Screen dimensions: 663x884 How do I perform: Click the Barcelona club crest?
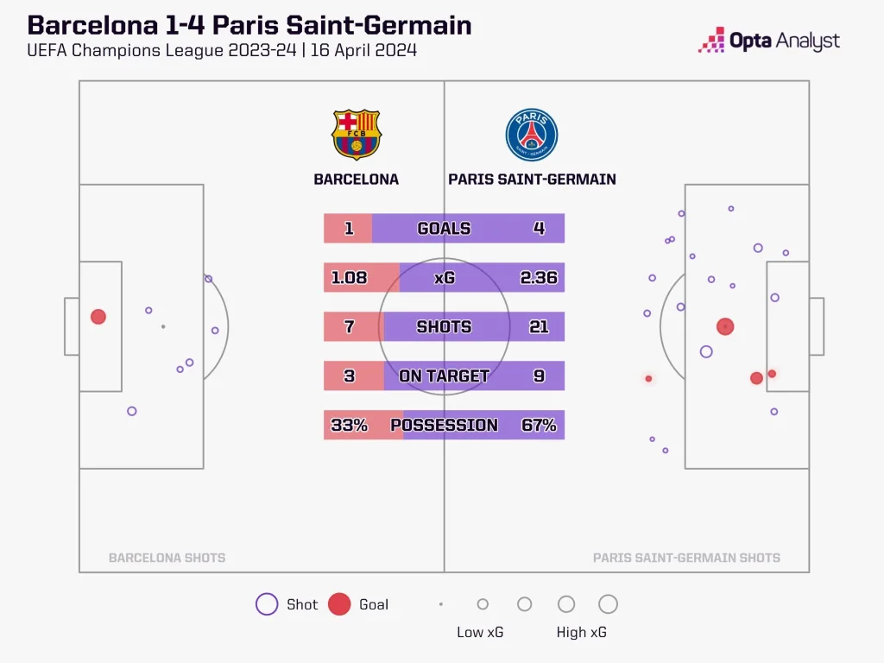pos(356,134)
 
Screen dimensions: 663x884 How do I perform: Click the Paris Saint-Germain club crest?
pos(532,136)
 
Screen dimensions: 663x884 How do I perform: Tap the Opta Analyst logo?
pos(768,41)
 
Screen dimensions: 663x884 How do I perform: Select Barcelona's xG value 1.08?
pos(350,278)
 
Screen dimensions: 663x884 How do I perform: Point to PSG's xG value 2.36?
pos(539,278)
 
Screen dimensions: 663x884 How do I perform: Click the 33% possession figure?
pos(349,425)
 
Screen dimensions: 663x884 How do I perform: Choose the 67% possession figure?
pos(539,425)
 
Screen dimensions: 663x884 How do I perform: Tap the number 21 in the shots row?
pos(539,327)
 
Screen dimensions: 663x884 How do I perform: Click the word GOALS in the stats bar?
pos(444,229)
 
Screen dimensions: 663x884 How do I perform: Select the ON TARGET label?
pos(444,376)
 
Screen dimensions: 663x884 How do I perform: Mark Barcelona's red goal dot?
pos(98,317)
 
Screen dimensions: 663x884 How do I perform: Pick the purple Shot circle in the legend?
pos(267,604)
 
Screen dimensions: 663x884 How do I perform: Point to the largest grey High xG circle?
pos(608,604)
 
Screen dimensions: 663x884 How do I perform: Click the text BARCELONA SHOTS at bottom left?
pos(167,558)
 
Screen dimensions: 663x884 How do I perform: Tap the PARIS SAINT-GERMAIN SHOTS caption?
pos(686,558)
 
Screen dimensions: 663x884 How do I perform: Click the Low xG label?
pos(480,632)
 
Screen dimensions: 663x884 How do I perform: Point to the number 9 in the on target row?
pos(539,376)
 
